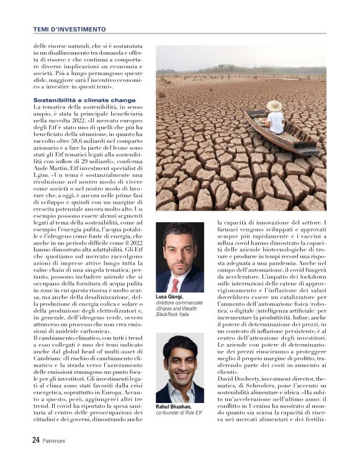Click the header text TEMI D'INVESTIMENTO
(x=72, y=29)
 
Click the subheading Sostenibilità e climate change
(x=84, y=99)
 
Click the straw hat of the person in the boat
(x=274, y=106)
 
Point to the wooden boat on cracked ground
(x=282, y=130)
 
